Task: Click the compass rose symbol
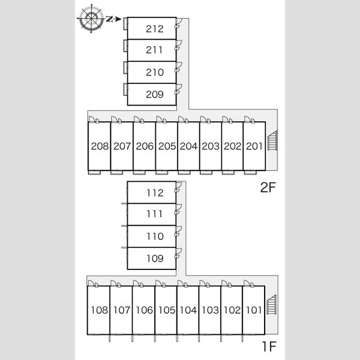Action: pos(91,19)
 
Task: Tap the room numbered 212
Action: pos(152,28)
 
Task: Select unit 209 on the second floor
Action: pos(152,94)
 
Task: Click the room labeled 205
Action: pos(166,146)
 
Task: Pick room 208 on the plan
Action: pos(99,146)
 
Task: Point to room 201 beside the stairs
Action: pos(254,146)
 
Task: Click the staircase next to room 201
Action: pos(272,140)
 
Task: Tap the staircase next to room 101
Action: pos(272,304)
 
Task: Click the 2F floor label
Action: pos(268,187)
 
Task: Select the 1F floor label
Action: pos(269,346)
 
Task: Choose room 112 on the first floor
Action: pos(152,193)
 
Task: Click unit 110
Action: pos(152,236)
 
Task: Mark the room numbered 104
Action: pos(188,310)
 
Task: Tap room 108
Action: pos(99,310)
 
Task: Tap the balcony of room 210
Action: pos(125,68)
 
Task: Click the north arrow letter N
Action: pos(110,19)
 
